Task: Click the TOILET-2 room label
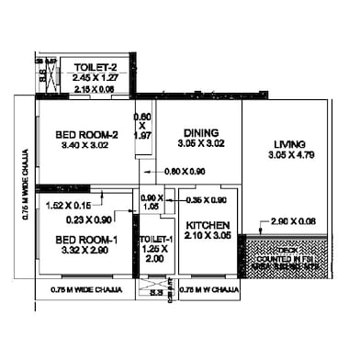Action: click(96, 66)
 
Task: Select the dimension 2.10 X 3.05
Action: click(208, 236)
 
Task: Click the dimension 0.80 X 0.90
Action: click(185, 172)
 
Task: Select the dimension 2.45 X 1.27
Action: click(96, 78)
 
